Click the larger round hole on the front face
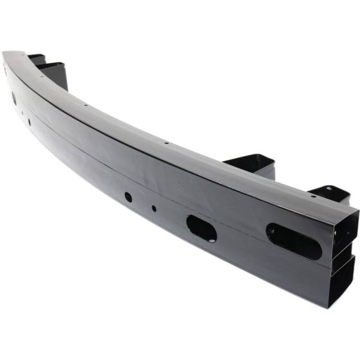pos(128,197)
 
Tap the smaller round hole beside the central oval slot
pos(153,208)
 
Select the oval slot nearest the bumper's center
pos(201,228)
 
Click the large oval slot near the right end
pos(294,240)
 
